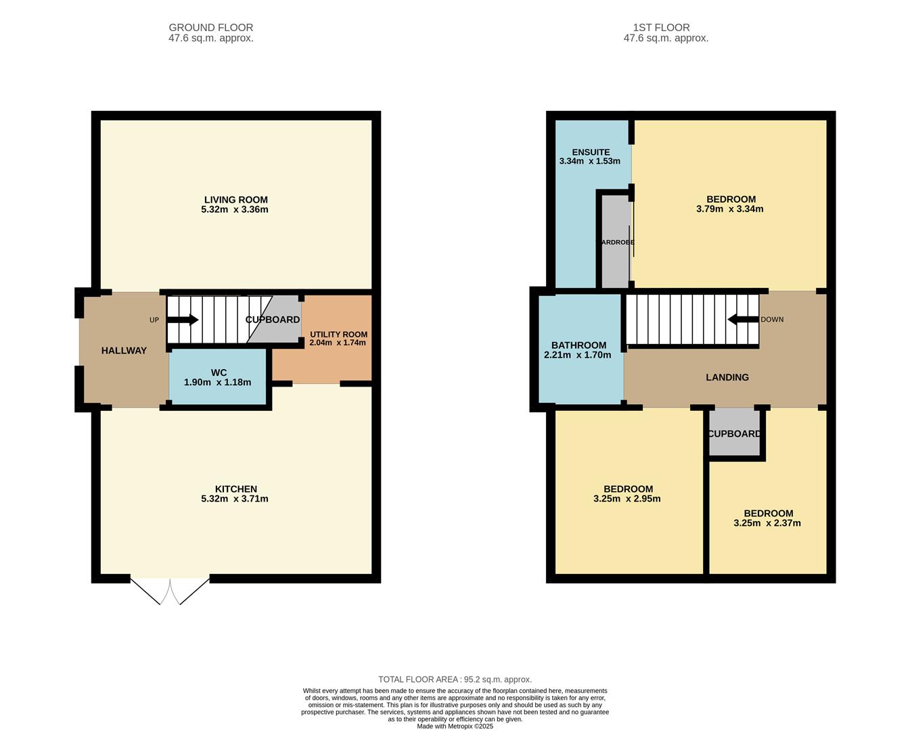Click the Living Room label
click(x=236, y=199)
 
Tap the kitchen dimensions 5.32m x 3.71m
click(x=235, y=499)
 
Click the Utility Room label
click(x=338, y=334)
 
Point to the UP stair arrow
click(x=183, y=320)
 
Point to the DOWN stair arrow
click(x=743, y=319)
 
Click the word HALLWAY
click(x=124, y=351)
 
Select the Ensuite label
click(x=591, y=152)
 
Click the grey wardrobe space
click(x=615, y=243)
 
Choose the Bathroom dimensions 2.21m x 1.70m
click(x=577, y=356)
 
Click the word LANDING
click(x=727, y=377)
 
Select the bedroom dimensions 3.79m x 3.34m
click(x=730, y=209)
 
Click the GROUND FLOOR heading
click(x=211, y=28)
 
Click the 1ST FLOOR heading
click(x=662, y=28)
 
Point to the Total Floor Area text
click(x=455, y=679)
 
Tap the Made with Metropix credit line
click(x=455, y=726)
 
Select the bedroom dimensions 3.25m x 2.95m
click(x=627, y=499)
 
